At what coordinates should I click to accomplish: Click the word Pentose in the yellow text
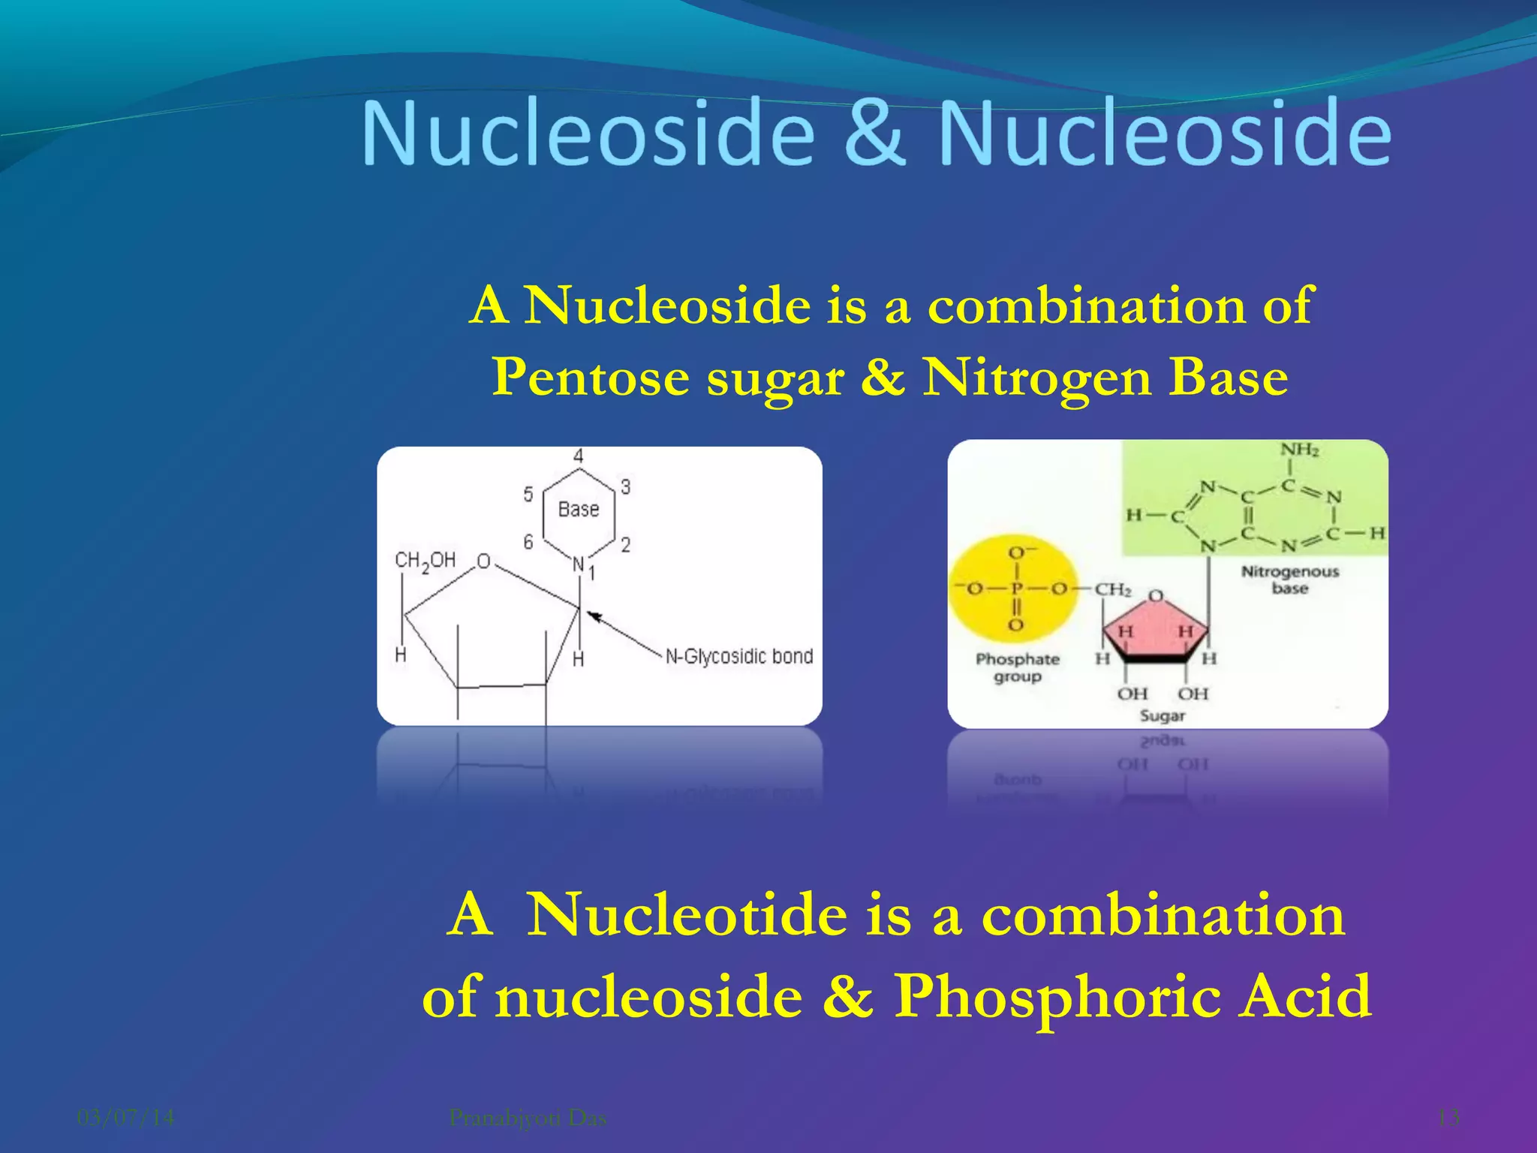tap(590, 377)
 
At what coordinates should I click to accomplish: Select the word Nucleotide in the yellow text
tap(686, 915)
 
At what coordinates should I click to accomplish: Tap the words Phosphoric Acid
tap(1133, 996)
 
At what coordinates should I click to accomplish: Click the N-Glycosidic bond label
tap(739, 657)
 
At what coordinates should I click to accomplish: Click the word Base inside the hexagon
tap(579, 510)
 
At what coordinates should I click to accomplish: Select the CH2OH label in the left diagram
tap(425, 561)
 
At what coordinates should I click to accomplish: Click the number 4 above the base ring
tap(578, 456)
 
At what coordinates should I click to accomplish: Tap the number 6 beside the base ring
tap(528, 542)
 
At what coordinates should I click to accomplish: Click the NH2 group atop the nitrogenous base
tap(1299, 450)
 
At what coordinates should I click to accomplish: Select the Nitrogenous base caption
tap(1289, 580)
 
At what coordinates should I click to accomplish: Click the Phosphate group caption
tap(1017, 667)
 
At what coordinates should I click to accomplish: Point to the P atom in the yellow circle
tap(1016, 589)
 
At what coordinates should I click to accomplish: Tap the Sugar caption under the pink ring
tap(1162, 715)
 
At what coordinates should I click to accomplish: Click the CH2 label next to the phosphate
tap(1112, 589)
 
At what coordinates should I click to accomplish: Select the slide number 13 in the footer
tap(1448, 1118)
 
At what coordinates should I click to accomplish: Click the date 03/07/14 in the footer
tap(126, 1118)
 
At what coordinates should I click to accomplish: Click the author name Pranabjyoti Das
tap(528, 1118)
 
